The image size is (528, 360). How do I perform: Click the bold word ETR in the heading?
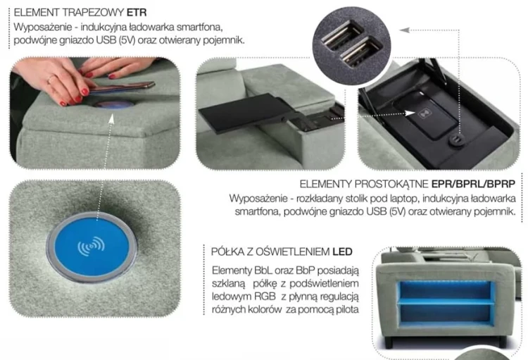[137, 13]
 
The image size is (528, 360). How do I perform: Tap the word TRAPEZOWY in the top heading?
[93, 13]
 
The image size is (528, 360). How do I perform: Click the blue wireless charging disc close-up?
[92, 247]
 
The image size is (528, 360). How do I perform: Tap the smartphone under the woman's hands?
[120, 87]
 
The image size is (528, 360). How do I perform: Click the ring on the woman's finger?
[51, 79]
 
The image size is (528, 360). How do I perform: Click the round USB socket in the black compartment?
[457, 139]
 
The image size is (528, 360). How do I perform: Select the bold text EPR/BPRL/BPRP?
[473, 184]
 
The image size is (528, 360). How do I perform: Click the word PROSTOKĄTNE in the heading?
[391, 184]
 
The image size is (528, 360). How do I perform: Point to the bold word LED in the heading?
[342, 252]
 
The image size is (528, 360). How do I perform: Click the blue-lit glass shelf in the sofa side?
[446, 303]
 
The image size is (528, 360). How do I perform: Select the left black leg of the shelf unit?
[388, 342]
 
